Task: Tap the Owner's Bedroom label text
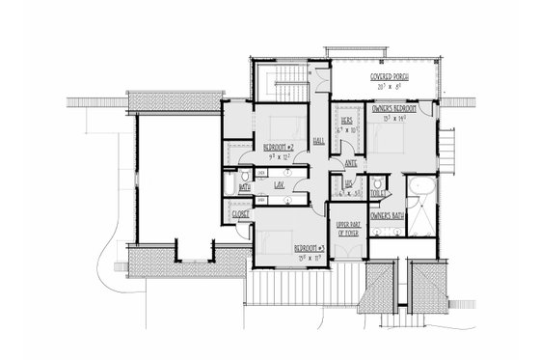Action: click(x=397, y=108)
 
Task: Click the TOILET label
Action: click(x=379, y=192)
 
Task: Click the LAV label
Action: click(x=278, y=183)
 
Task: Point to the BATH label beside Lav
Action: click(x=231, y=186)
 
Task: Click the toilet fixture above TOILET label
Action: click(x=379, y=180)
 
